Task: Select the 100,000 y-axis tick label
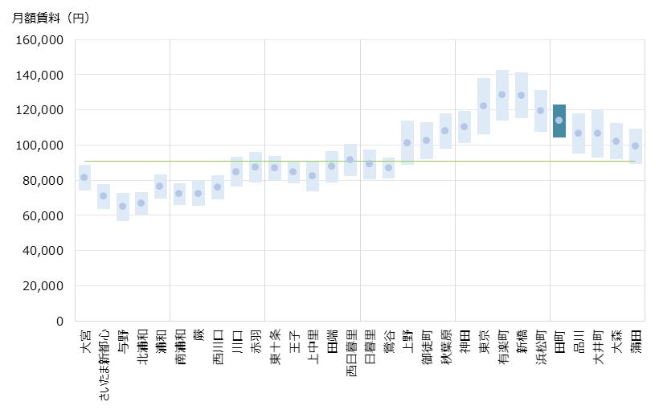(x=42, y=146)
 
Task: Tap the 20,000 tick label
(x=45, y=286)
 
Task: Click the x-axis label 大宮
(x=85, y=340)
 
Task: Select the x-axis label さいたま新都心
(x=104, y=366)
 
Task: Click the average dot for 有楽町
(x=502, y=94)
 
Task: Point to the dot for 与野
(x=123, y=207)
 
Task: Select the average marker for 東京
(x=484, y=105)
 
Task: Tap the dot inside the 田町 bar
(x=559, y=121)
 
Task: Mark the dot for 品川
(x=579, y=133)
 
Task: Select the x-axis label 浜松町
(x=541, y=347)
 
